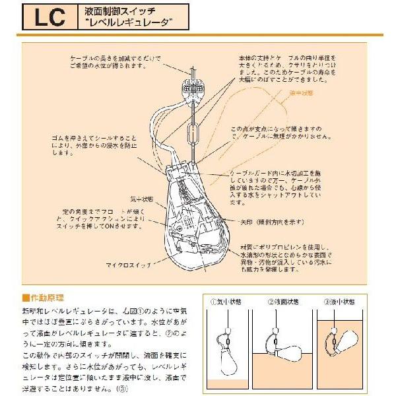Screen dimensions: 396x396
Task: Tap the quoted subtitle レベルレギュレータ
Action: click(x=129, y=22)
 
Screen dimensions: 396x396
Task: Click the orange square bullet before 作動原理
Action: click(x=26, y=298)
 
